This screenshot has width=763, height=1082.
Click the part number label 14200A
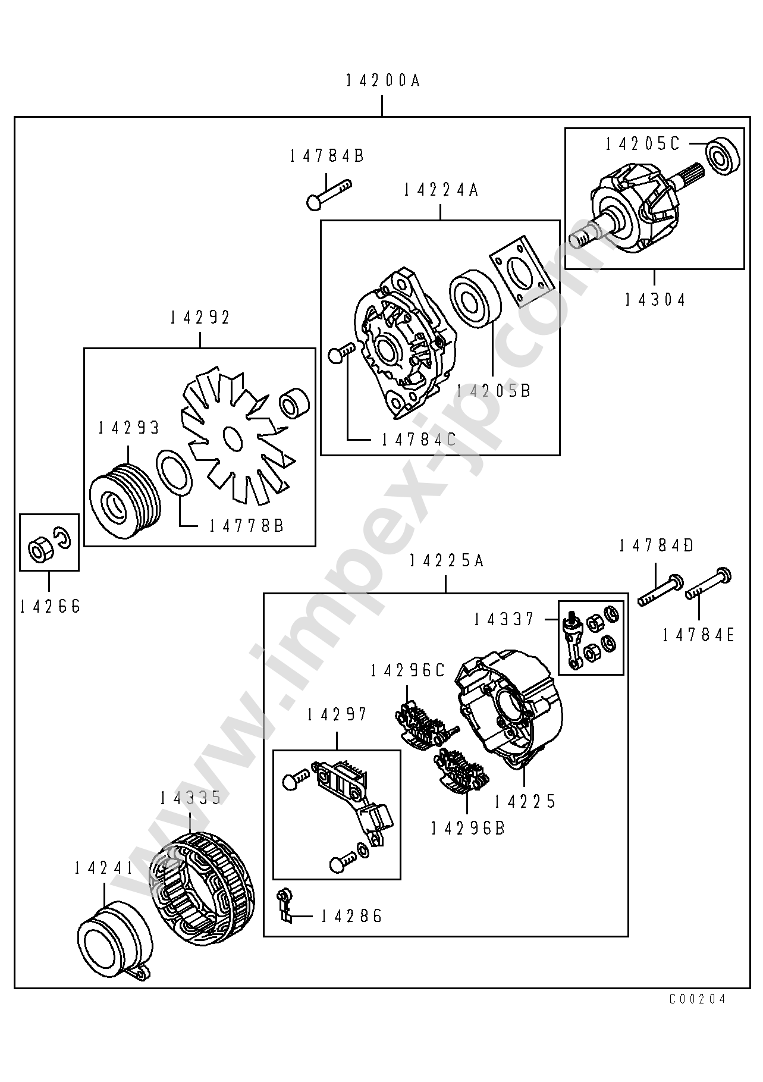pos(383,80)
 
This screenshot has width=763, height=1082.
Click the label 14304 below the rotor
pos(654,299)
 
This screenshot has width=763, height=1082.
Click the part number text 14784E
pos(698,635)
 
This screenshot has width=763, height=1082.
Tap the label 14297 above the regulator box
pos(337,714)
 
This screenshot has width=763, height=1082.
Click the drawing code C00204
pos(697,999)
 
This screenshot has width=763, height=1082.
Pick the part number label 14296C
pos(407,670)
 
